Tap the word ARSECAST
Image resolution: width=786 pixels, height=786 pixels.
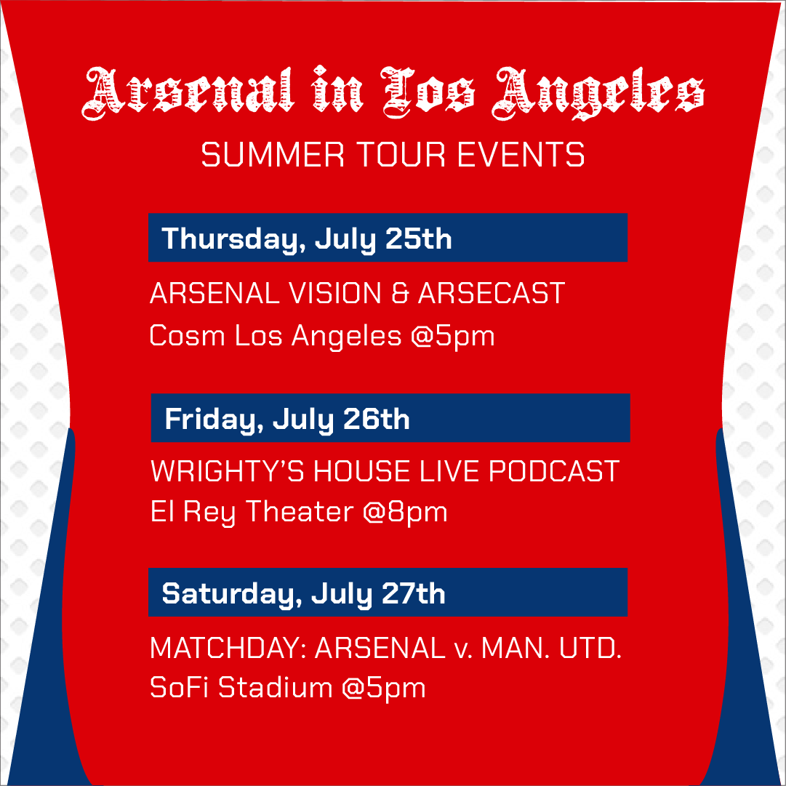pos(492,294)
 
